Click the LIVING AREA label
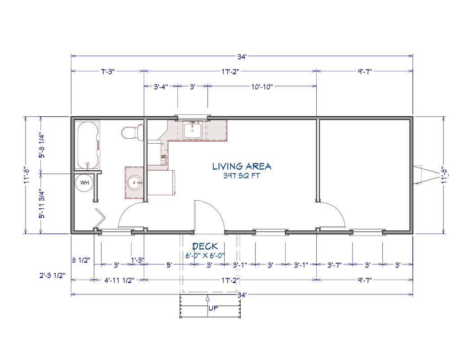[x=242, y=166]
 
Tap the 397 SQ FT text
[x=242, y=176]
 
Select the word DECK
[x=205, y=246]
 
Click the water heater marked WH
[x=84, y=183]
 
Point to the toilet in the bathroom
[x=133, y=132]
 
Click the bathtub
[x=87, y=145]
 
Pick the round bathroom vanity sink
[x=135, y=183]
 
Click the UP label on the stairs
[x=213, y=308]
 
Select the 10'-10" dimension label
[x=262, y=87]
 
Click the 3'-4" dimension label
[x=161, y=87]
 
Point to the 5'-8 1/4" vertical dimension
[x=42, y=146]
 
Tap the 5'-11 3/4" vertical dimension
[x=42, y=204]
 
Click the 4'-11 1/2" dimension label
[x=119, y=281]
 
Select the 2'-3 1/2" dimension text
[x=52, y=275]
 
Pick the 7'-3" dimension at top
[x=108, y=72]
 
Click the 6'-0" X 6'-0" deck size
[x=205, y=255]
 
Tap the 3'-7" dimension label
[x=334, y=265]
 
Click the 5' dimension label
[x=169, y=265]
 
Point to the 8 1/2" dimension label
[x=81, y=260]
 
